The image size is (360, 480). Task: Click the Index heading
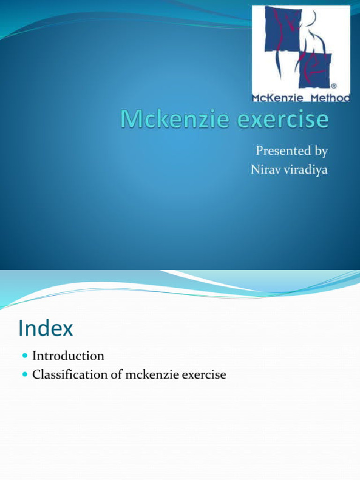(46, 329)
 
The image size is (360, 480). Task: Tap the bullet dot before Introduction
(25, 356)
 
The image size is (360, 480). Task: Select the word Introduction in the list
(68, 356)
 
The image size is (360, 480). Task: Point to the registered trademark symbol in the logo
(333, 87)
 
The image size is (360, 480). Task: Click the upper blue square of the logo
(282, 29)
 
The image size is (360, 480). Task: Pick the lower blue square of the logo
(315, 71)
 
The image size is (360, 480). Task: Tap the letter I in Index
(22, 329)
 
